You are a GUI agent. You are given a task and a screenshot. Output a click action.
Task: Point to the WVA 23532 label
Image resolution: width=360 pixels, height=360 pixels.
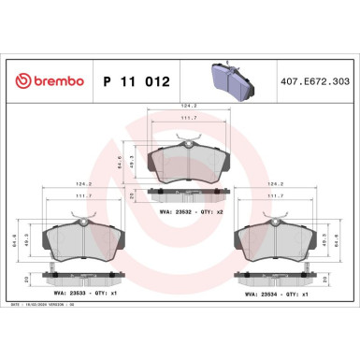pos(173,212)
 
